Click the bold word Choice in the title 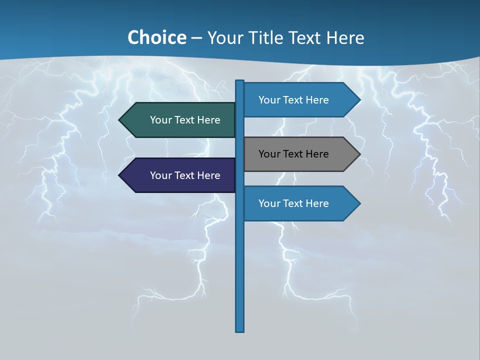point(156,37)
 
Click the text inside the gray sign point(293,154)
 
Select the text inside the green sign point(185,120)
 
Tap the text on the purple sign point(185,175)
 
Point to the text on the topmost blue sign point(293,100)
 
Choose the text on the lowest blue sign point(293,203)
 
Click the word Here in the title point(345,38)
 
